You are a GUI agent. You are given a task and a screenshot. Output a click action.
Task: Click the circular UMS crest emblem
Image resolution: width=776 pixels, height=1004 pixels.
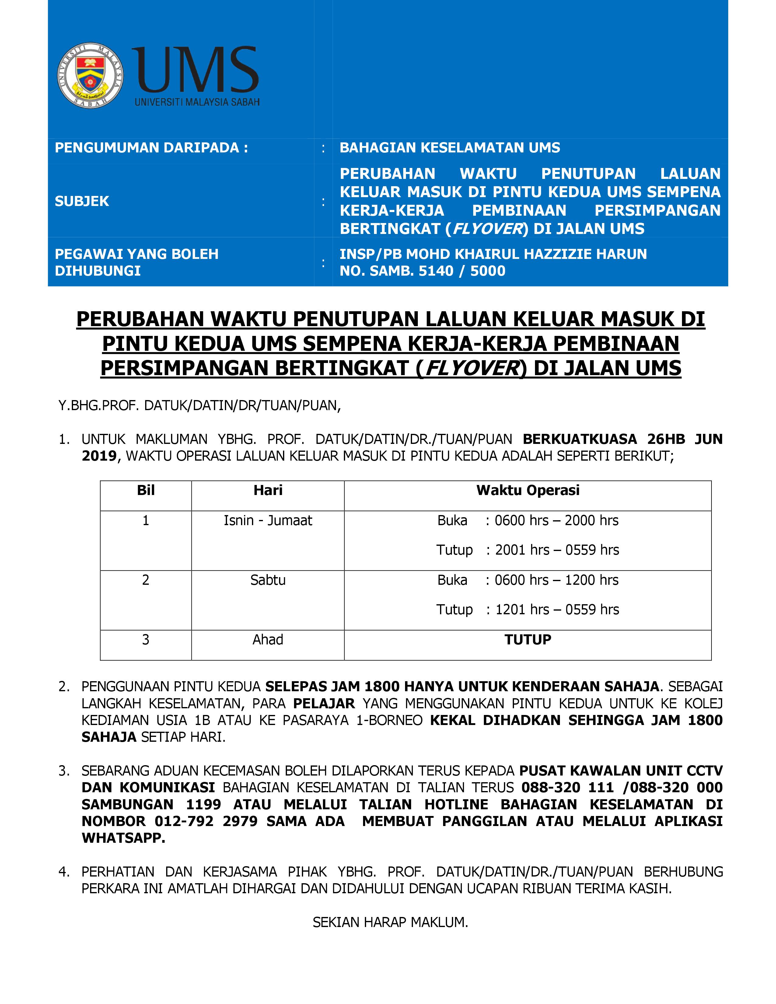[90, 76]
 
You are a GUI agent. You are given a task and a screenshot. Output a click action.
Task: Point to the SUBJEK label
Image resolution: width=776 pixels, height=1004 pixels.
[82, 201]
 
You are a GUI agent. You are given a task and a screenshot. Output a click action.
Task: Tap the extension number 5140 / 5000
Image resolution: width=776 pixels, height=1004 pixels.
[462, 271]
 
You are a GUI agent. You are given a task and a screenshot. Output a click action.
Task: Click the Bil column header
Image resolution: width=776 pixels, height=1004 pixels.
[146, 490]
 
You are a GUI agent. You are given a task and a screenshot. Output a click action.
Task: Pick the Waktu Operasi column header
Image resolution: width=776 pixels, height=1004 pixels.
[527, 490]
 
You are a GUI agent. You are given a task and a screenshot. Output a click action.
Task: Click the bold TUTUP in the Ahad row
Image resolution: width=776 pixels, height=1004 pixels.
[527, 640]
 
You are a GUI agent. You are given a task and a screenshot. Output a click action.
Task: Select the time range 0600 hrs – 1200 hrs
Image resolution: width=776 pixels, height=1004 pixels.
[556, 580]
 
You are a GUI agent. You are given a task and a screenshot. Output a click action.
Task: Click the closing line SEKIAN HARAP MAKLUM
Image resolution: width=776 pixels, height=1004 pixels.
[390, 923]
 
